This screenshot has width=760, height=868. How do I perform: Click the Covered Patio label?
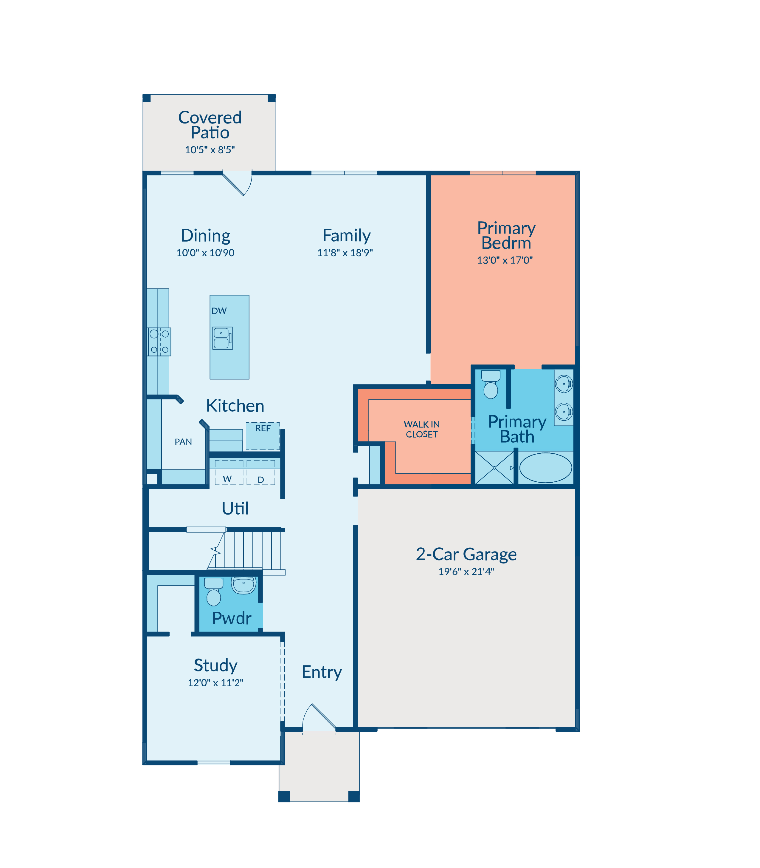(210, 125)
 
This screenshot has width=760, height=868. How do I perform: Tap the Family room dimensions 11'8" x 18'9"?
(345, 253)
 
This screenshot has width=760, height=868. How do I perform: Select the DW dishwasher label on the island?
(219, 311)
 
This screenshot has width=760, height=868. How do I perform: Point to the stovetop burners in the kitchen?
(159, 342)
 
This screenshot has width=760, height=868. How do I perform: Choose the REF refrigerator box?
(263, 436)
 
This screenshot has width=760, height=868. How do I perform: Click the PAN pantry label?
(183, 442)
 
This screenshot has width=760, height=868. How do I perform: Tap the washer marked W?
(229, 472)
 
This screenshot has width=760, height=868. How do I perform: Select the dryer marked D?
(261, 472)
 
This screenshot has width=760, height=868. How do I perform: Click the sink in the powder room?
(243, 585)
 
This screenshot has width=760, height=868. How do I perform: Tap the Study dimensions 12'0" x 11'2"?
(215, 682)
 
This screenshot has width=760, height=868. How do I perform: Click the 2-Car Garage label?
(466, 554)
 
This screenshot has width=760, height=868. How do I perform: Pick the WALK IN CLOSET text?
(421, 429)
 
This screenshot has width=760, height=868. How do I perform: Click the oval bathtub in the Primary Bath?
(545, 468)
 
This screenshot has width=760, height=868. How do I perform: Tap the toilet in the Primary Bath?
(491, 384)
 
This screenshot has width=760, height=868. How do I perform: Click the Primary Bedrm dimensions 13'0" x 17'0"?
(505, 260)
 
